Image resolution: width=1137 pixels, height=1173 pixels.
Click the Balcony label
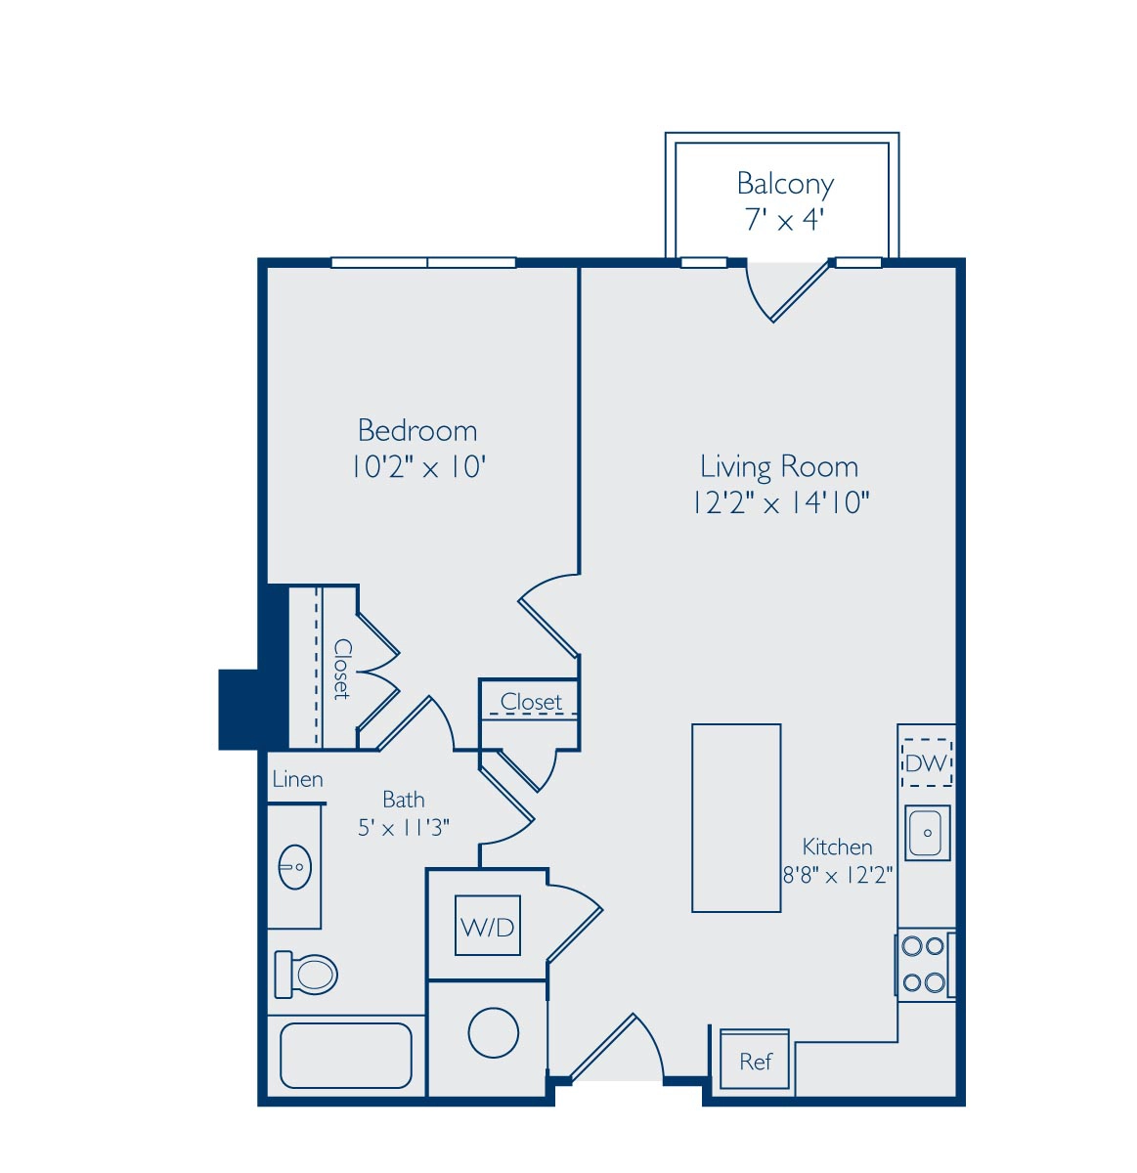coord(784,184)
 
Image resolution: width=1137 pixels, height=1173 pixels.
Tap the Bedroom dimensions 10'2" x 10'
coord(418,466)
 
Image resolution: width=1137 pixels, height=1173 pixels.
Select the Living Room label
coord(779,466)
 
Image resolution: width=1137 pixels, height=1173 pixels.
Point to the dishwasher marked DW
coord(926,763)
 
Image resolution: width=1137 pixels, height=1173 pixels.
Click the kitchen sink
coord(927,833)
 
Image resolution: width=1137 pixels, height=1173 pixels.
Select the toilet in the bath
coord(306,975)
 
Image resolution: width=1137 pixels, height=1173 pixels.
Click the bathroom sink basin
coord(295,867)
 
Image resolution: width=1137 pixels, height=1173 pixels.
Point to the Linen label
coord(297,779)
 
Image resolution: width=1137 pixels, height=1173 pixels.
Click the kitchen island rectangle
coord(736,818)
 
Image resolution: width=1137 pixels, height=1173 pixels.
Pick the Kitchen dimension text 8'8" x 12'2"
coord(837,875)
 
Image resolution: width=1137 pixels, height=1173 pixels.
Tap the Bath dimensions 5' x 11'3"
coord(404,828)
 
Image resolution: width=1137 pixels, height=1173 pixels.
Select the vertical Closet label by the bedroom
coord(342,669)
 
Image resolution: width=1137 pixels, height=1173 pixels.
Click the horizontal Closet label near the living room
coord(531,702)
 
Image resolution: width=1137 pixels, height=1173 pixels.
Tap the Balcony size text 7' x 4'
coord(784,219)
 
